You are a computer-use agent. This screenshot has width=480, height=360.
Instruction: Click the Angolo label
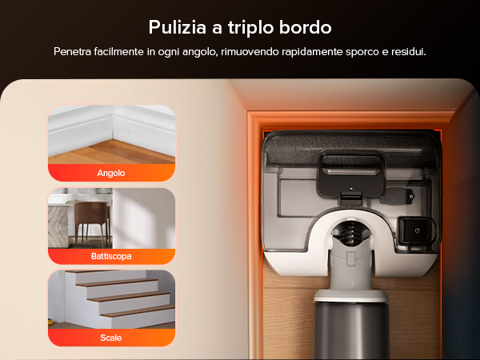pos(111,173)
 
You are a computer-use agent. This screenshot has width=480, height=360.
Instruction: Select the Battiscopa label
pos(111,256)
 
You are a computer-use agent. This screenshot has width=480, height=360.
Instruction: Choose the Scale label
pos(111,338)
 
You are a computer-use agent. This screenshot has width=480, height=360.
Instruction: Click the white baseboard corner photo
pos(111,134)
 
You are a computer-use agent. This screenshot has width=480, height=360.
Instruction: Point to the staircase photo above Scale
pos(111,299)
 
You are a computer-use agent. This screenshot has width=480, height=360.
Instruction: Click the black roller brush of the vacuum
pos(351,149)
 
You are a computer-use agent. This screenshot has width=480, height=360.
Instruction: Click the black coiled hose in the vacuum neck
pos(351,233)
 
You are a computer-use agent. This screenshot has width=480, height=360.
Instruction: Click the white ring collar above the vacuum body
pos(351,295)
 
